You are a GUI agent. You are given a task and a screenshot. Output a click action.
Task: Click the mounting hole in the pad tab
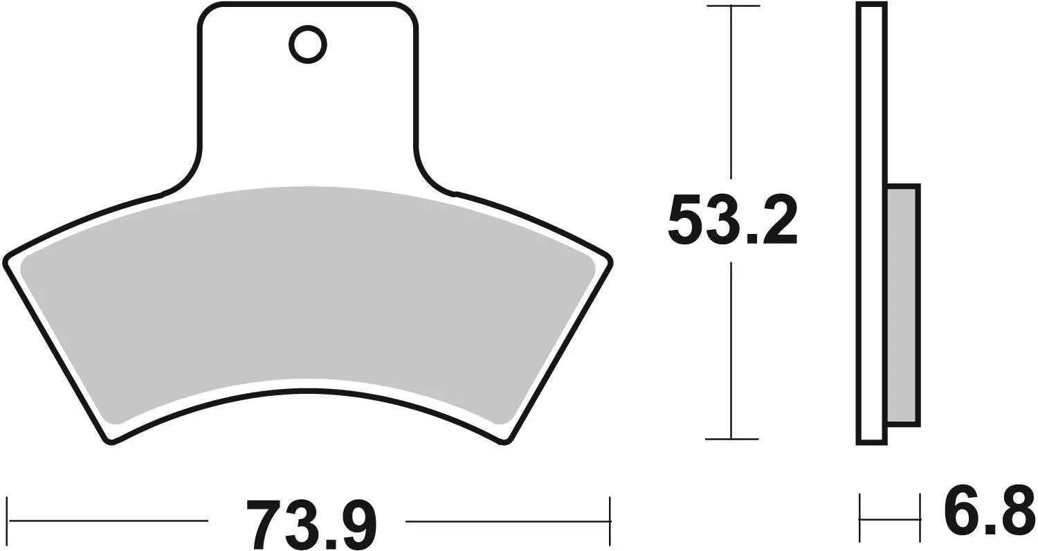[x=307, y=46]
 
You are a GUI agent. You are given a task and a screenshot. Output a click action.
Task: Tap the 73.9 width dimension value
[x=311, y=523]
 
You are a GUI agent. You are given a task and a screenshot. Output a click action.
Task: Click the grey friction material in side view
[x=902, y=305]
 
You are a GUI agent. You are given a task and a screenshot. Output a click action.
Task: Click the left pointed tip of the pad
[x=8, y=261]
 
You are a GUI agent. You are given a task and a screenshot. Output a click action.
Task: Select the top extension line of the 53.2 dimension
[x=732, y=6]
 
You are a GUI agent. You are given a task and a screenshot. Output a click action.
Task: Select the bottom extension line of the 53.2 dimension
[x=732, y=439]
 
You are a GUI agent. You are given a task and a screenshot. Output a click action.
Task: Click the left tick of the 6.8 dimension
[x=859, y=518]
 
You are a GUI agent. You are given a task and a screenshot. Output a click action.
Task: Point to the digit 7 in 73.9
[x=266, y=523]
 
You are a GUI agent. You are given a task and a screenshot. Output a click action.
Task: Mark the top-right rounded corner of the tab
[x=409, y=12]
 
